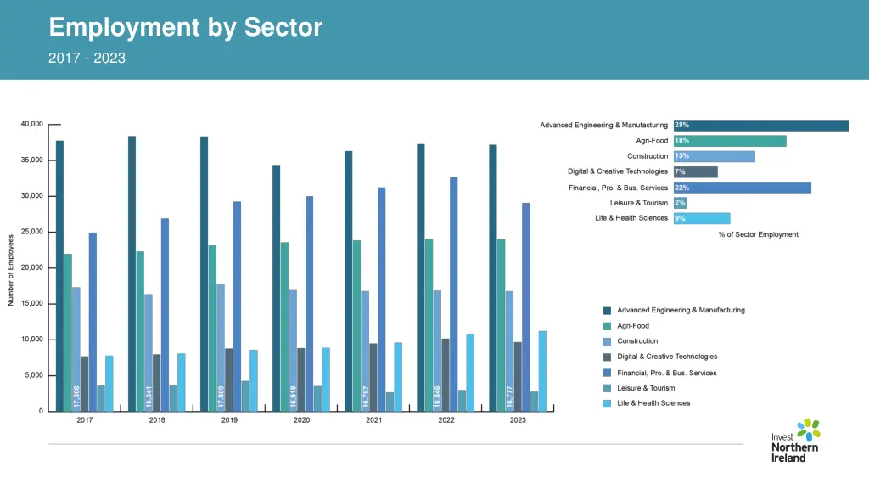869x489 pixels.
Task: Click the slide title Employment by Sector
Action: (186, 27)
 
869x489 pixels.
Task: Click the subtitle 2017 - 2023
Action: (87, 59)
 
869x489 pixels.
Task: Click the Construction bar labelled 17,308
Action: (76, 349)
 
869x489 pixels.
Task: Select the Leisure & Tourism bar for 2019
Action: (245, 396)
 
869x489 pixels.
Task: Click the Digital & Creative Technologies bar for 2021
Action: (373, 377)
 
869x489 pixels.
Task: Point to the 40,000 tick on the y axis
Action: (31, 124)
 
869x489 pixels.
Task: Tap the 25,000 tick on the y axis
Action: (31, 232)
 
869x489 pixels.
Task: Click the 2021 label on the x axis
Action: (373, 420)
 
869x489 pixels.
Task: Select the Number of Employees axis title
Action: (11, 269)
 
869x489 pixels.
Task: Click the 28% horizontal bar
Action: (761, 126)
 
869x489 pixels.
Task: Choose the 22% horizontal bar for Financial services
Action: (743, 188)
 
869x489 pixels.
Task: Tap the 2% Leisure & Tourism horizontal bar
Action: (681, 203)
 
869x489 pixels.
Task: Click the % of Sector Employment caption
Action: (758, 234)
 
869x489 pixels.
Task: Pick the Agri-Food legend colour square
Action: (607, 326)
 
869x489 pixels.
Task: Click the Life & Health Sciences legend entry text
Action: (653, 403)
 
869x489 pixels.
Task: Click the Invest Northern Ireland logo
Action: (795, 440)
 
